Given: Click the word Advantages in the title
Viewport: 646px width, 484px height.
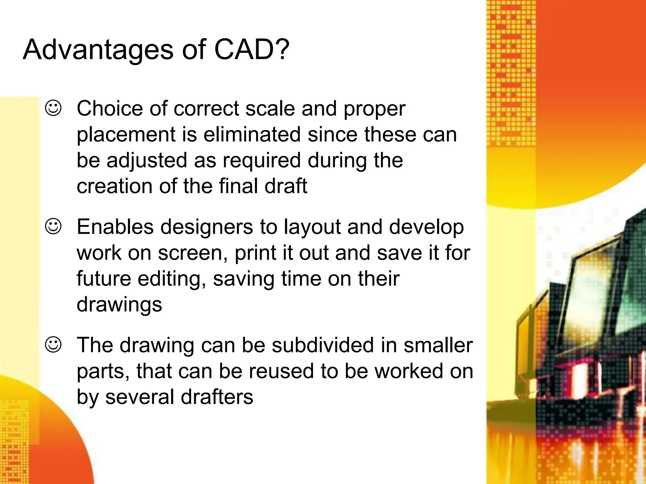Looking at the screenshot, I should (x=98, y=50).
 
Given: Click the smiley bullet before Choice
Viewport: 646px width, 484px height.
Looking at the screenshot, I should (x=53, y=108).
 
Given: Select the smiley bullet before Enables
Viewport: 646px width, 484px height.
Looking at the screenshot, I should (x=53, y=227).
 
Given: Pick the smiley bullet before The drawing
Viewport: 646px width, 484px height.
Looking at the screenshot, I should (x=53, y=345).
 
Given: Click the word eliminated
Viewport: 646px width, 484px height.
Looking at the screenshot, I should (x=252, y=135).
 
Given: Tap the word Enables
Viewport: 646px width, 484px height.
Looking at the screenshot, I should (x=115, y=227).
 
